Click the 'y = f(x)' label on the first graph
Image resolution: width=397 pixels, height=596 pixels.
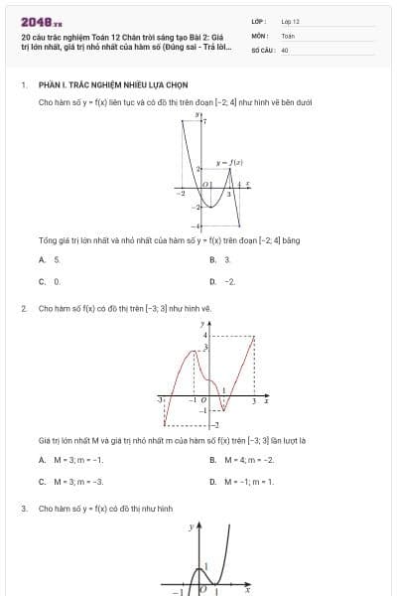[x=230, y=162]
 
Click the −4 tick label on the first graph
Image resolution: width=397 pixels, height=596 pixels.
[x=198, y=227]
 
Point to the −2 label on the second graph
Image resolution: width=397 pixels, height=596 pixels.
[x=215, y=424]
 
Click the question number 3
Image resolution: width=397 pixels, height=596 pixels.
[x=23, y=508]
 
